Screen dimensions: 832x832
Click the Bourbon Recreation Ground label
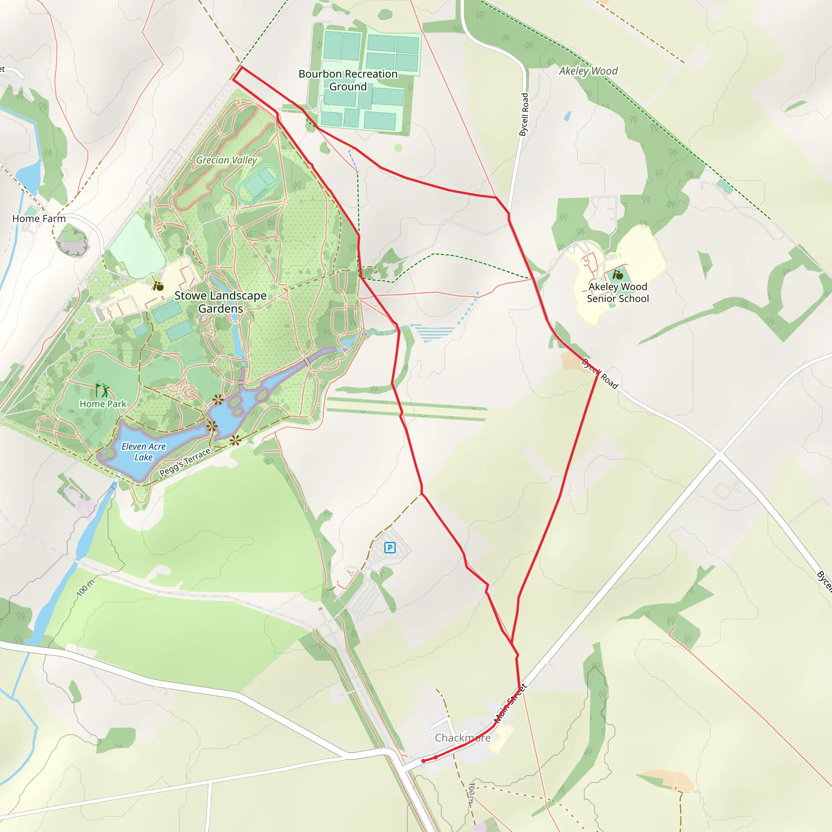pos(348,80)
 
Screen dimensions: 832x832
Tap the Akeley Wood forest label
pos(588,71)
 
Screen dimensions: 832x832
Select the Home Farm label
pos(39,219)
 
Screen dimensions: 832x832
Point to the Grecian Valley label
pos(227,160)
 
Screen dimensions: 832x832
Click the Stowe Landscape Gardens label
pos(221,302)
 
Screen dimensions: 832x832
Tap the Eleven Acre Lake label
pos(143,452)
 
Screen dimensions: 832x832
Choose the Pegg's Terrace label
pos(185,462)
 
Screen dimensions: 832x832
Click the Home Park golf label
pos(103,404)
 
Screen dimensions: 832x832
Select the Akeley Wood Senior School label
pos(617,293)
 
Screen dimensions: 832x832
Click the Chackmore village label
pos(462,738)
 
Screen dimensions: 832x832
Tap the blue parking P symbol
pos(390,548)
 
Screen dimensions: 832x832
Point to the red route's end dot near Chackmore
pos(423,761)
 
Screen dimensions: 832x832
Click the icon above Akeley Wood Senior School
pos(618,274)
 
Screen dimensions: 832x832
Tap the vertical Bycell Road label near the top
pos(524,115)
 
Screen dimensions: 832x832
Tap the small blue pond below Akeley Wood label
pos(568,116)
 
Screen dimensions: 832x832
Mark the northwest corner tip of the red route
pos(233,79)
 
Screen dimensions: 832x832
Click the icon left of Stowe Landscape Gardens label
pos(158,286)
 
